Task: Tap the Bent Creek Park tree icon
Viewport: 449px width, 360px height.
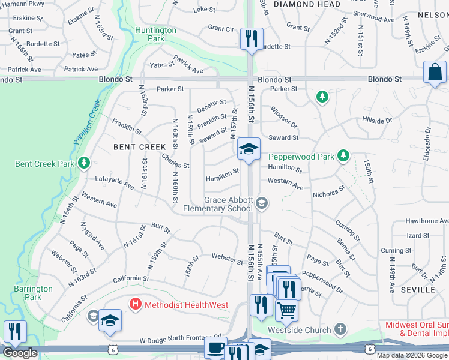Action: [84, 163]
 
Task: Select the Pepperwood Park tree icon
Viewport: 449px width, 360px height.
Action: [343, 156]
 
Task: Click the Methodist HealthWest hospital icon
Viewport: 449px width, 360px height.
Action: [136, 305]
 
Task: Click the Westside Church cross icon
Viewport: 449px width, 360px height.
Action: [340, 329]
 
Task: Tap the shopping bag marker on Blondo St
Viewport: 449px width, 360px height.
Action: [434, 73]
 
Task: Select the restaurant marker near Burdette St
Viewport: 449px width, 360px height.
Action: [250, 39]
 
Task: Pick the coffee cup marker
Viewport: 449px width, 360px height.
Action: [215, 348]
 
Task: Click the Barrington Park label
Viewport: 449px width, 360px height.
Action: [33, 293]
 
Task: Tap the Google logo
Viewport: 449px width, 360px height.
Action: [20, 353]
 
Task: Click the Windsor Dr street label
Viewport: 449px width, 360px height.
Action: [283, 117]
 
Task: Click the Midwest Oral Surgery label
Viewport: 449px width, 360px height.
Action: [417, 329]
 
